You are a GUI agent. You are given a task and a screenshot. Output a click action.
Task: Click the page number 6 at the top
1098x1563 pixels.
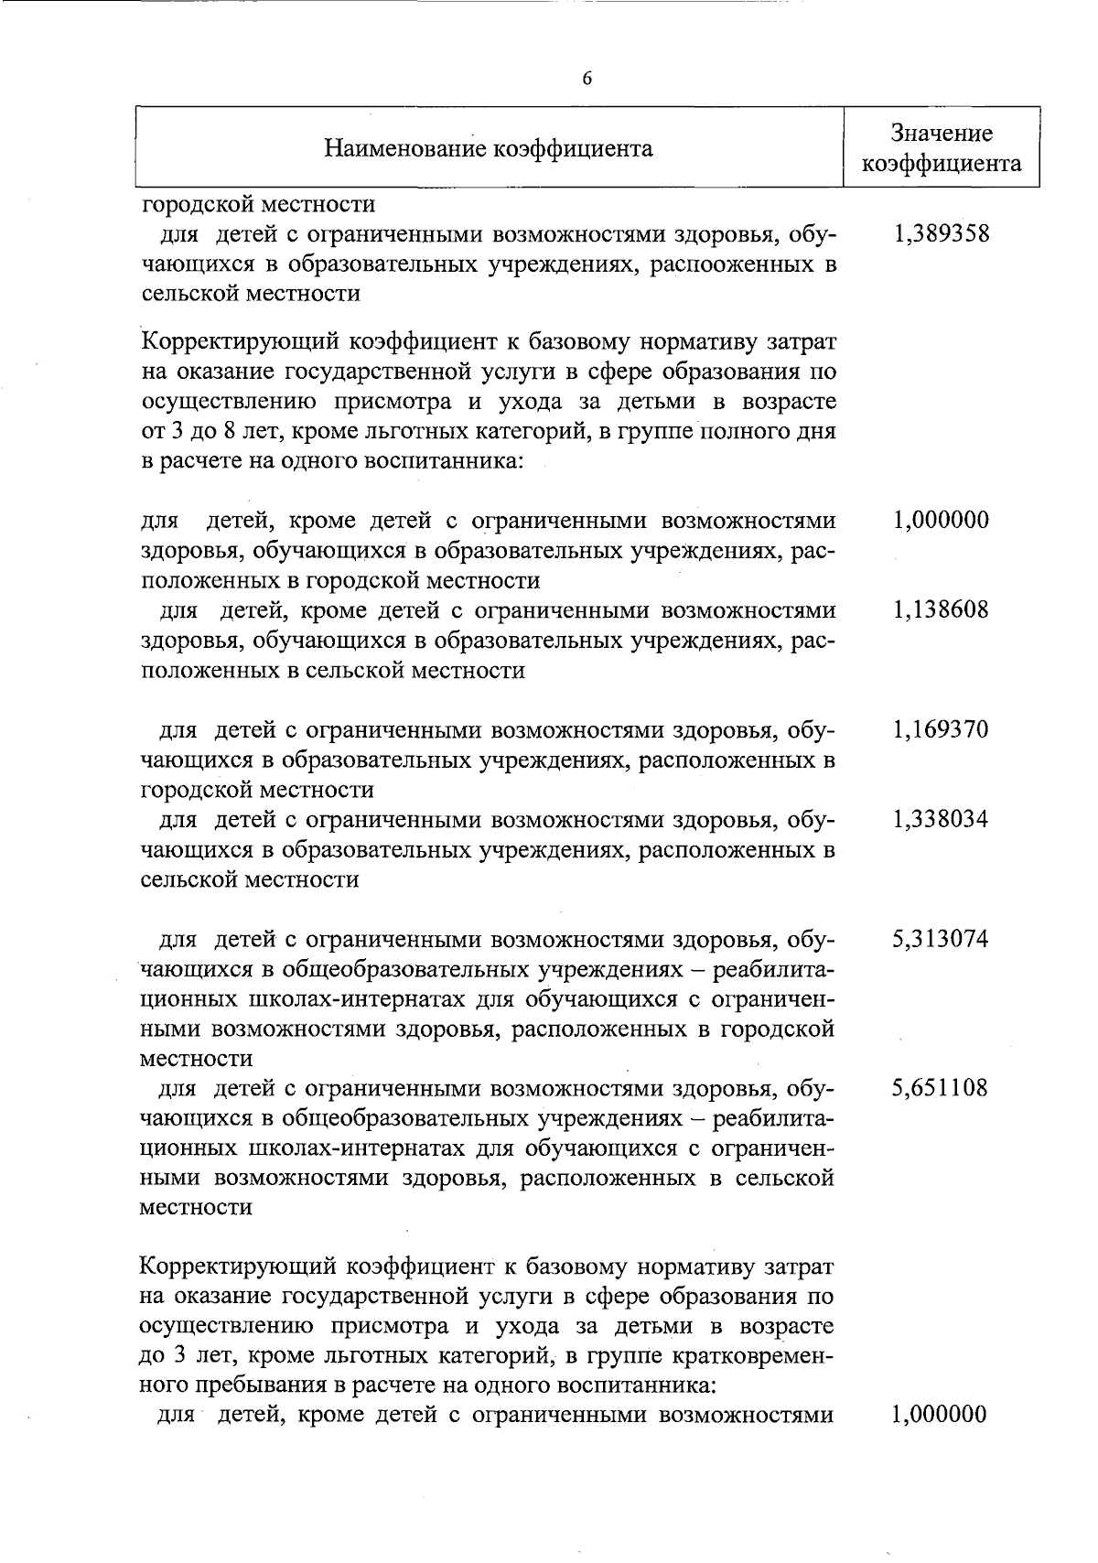coord(587,79)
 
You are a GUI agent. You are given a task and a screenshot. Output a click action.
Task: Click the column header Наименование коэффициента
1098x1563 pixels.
coord(490,148)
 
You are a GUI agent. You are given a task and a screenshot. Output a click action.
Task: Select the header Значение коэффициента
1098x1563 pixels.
coord(942,148)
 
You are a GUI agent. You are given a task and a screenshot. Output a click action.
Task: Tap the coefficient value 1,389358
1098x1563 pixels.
coord(942,234)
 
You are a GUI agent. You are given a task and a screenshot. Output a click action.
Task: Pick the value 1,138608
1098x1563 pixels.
coord(942,610)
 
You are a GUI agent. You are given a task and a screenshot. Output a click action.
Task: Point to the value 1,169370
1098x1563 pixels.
coord(942,730)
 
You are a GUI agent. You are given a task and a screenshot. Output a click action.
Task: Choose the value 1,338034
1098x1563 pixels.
coord(942,819)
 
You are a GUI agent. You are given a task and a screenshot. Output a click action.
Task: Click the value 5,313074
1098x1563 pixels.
coord(942,939)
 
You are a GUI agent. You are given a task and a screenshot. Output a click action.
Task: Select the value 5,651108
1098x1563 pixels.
coord(942,1088)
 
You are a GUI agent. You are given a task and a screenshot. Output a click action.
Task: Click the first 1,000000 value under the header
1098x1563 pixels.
coord(942,521)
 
